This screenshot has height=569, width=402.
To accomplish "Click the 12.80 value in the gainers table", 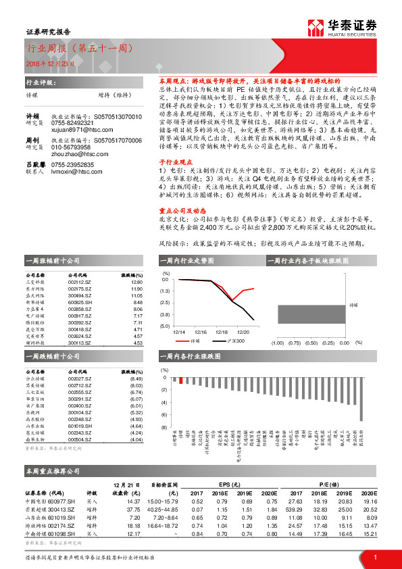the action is [136, 282].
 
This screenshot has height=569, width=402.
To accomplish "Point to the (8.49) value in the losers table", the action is [134, 378].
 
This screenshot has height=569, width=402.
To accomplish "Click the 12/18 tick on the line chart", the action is [221, 332].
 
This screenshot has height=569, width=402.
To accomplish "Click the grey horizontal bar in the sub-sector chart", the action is [313, 314].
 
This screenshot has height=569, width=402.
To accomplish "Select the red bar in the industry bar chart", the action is [180, 380].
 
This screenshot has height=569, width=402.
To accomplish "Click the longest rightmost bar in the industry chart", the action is [361, 399].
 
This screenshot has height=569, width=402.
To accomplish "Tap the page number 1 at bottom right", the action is [374, 557].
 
